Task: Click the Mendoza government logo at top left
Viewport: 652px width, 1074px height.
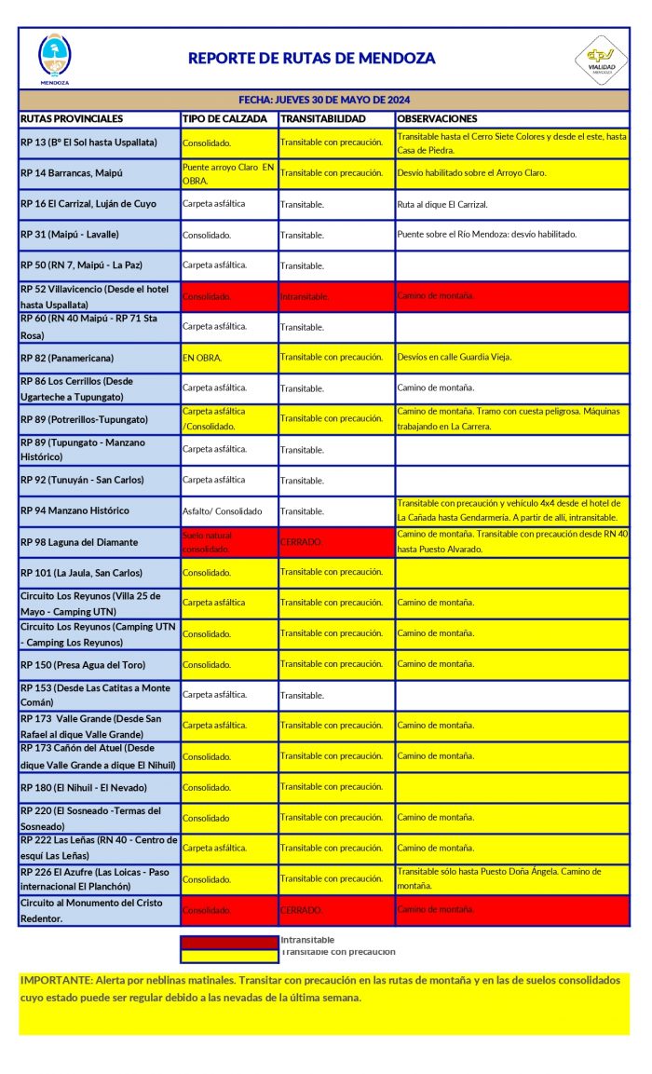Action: click(x=54, y=58)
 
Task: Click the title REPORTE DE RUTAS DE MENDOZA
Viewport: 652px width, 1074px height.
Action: click(x=311, y=58)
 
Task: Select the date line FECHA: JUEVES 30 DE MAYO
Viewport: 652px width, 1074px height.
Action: click(x=323, y=100)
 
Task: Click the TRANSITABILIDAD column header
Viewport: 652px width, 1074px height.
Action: click(x=323, y=119)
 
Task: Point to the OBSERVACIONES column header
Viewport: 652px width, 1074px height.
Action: click(x=437, y=119)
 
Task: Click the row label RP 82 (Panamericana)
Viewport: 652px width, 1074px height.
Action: click(x=74, y=358)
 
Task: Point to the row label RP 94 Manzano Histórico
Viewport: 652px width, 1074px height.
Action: click(x=75, y=510)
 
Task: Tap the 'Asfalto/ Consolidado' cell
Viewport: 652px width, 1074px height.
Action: click(x=223, y=511)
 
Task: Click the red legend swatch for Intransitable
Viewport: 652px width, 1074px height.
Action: click(x=228, y=942)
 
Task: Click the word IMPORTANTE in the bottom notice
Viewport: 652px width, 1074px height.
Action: click(x=56, y=981)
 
